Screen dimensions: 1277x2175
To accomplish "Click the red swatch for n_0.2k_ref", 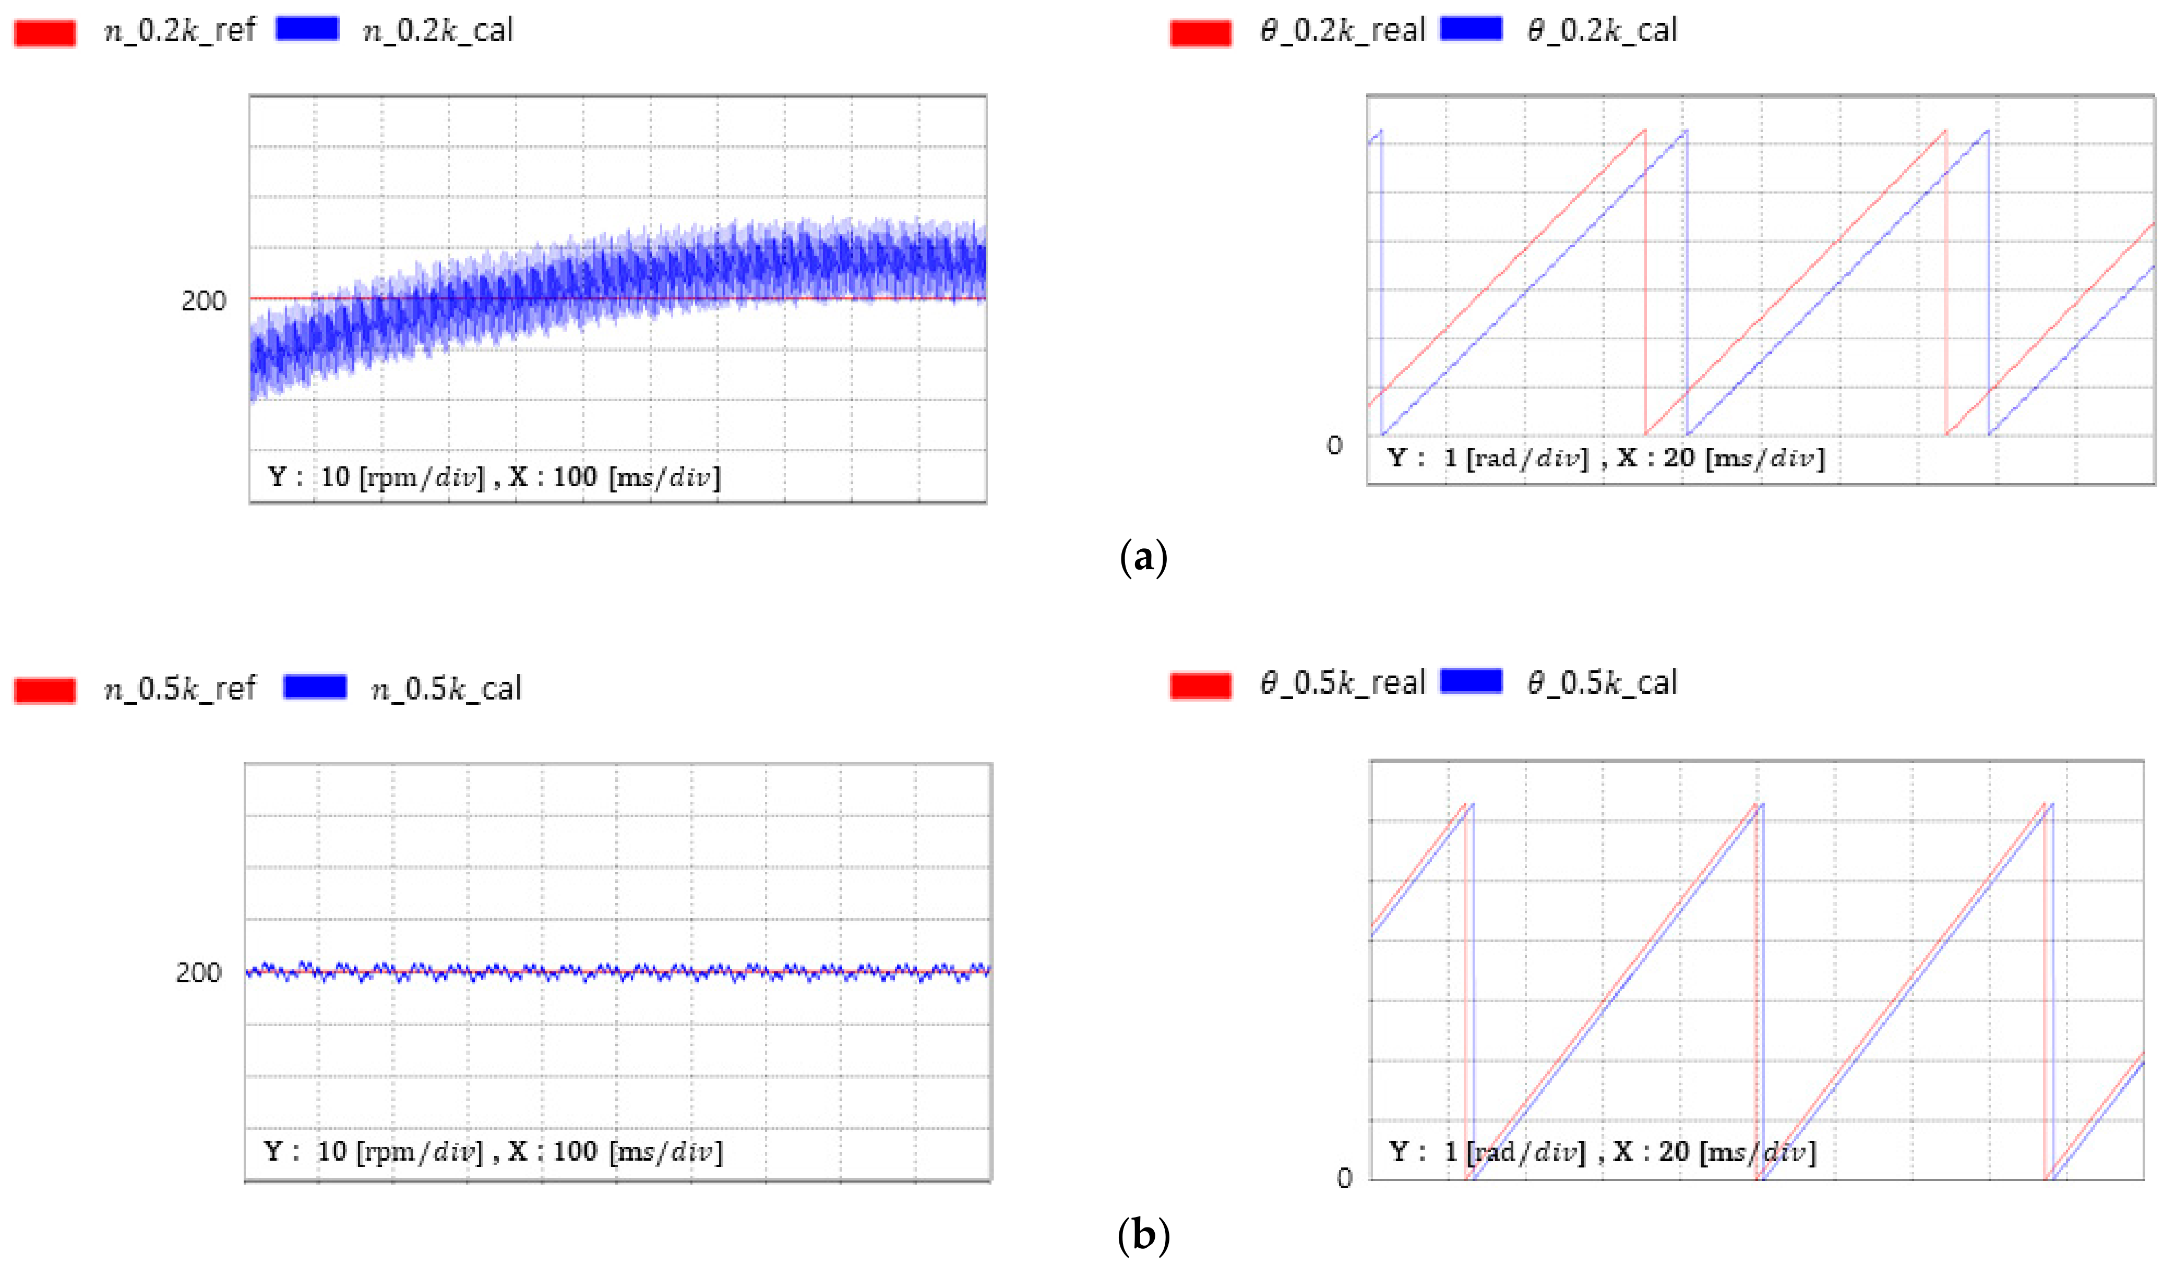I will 45,33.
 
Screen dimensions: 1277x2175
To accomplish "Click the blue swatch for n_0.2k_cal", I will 307,29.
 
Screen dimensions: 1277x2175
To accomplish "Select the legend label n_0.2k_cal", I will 438,31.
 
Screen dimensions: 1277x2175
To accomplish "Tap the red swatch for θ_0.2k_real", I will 1201,33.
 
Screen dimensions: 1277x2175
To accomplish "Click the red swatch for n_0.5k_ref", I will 45,690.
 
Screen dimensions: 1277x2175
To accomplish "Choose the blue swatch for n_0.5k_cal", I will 315,687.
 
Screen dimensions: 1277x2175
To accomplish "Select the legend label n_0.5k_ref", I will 180,689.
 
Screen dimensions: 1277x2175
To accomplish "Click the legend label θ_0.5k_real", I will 1342,683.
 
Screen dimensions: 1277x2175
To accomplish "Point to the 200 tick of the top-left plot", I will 204,301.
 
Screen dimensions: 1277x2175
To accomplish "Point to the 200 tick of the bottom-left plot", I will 198,973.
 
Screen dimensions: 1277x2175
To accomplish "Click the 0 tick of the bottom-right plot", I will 1344,1178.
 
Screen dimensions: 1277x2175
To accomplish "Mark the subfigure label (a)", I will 1143,558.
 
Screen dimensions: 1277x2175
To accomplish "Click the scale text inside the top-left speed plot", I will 494,477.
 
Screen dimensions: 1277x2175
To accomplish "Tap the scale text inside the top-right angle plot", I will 1605,458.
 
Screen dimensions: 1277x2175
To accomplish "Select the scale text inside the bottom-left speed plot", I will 493,1152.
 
